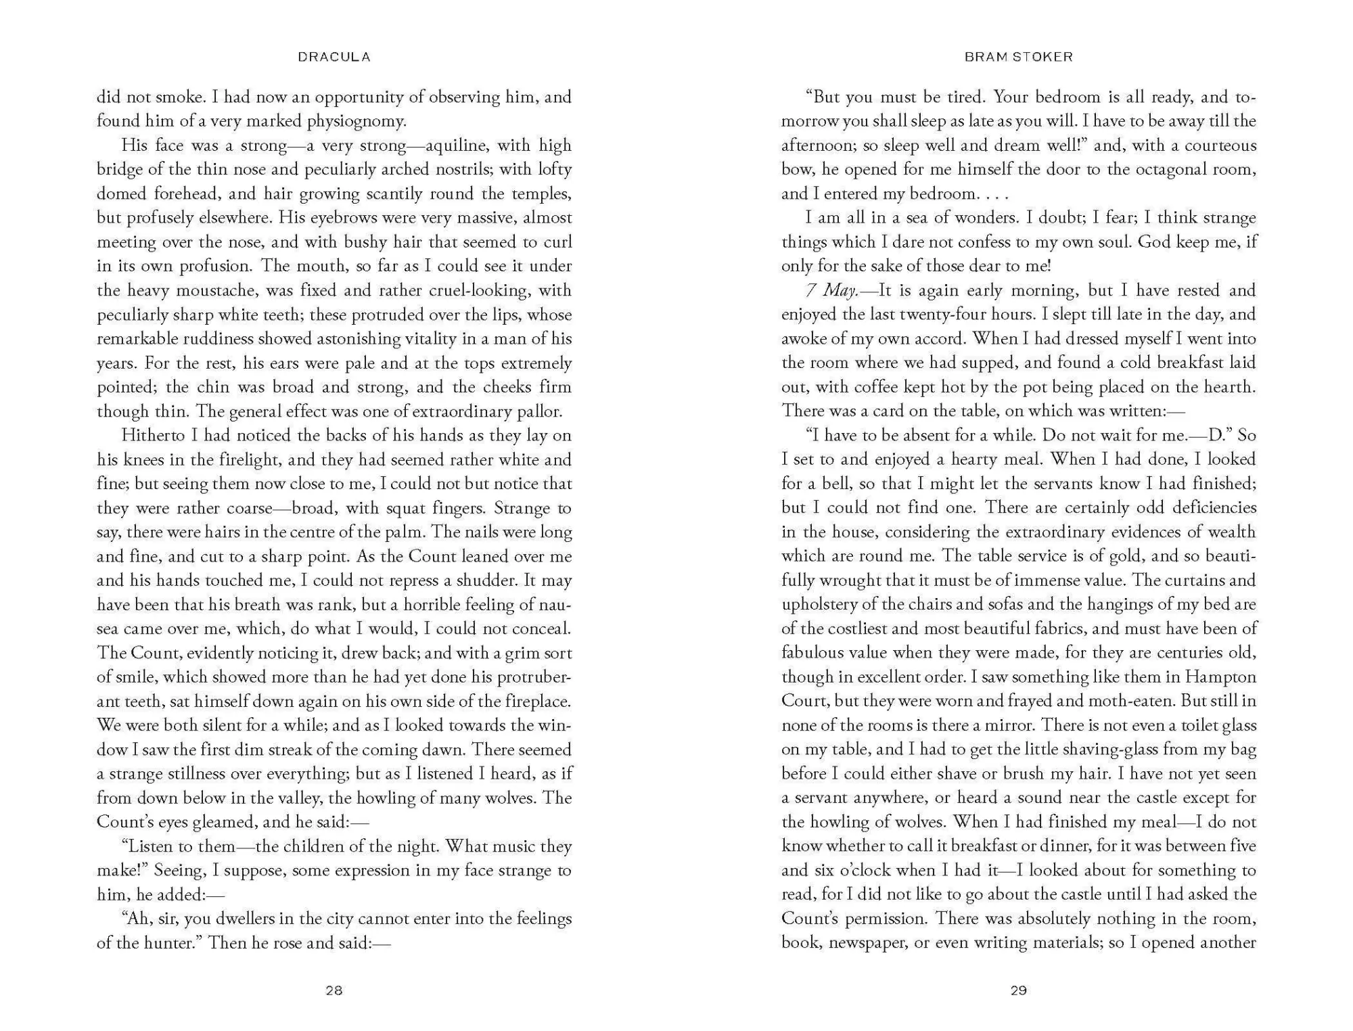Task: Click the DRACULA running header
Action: [x=334, y=57]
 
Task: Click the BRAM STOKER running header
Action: [x=1018, y=57]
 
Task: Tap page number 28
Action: [x=334, y=990]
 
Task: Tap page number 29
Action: [x=1018, y=990]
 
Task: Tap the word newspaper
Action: [x=862, y=943]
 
